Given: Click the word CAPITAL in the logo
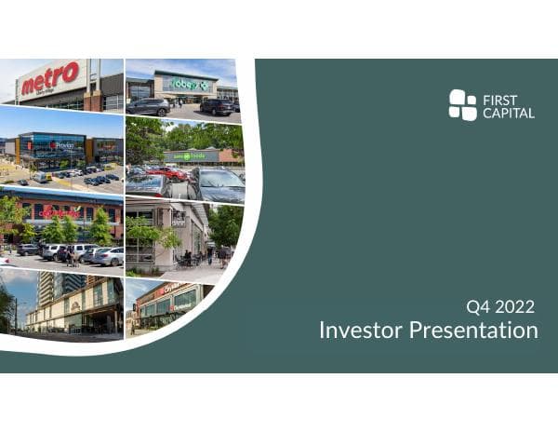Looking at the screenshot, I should click(x=510, y=113).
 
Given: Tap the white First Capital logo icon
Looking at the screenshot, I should click(x=462, y=105).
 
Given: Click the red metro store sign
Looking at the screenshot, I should click(x=50, y=81).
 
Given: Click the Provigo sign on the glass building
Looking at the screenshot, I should click(x=61, y=145).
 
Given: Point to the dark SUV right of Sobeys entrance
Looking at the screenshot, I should click(x=216, y=107).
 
